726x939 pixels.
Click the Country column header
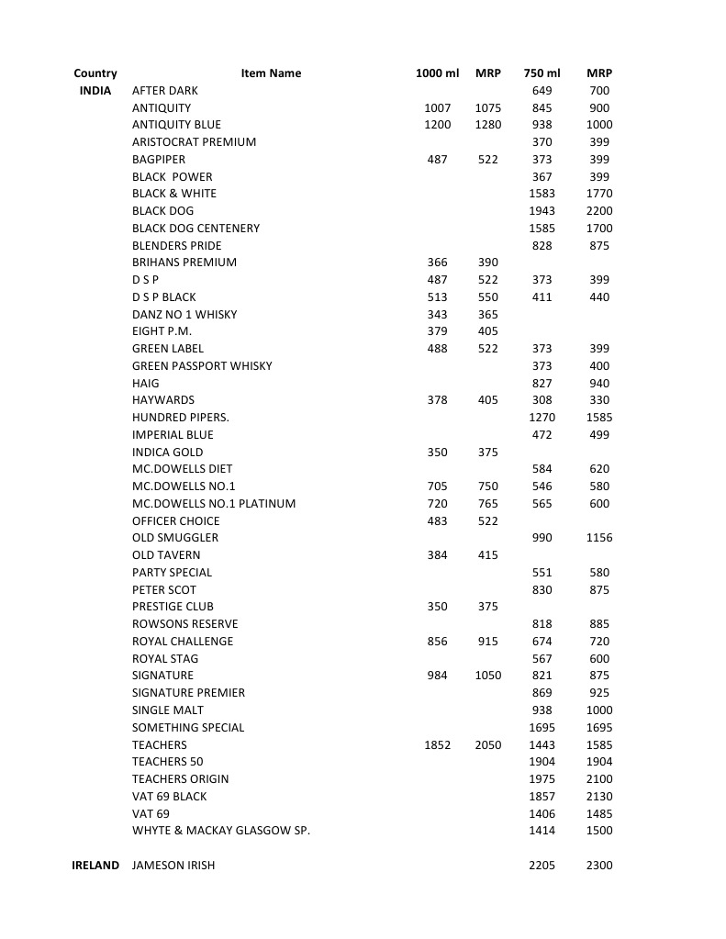[x=95, y=73]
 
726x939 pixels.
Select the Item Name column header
[x=271, y=73]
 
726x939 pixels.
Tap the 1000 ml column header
[x=437, y=73]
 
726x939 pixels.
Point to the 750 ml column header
[x=542, y=73]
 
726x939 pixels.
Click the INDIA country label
[x=95, y=91]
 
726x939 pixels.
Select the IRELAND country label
[x=95, y=866]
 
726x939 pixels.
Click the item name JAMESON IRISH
[x=173, y=866]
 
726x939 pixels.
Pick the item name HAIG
[x=145, y=384]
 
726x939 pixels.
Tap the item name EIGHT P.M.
[x=162, y=331]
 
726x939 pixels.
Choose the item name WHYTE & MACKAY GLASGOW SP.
[x=221, y=831]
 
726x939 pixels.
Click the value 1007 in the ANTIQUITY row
[x=437, y=108]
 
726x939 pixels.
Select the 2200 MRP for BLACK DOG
[x=598, y=211]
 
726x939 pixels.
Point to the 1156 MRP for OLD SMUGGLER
[x=598, y=538]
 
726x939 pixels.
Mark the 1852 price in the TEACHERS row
[x=437, y=745]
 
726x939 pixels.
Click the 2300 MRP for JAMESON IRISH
[x=598, y=866]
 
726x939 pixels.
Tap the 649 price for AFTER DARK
[x=542, y=91]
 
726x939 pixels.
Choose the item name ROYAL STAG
[x=165, y=659]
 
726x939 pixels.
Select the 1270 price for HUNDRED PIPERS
[x=542, y=418]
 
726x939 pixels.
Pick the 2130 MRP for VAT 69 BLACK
[x=598, y=797]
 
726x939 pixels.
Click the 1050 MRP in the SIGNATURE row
[x=488, y=676]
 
